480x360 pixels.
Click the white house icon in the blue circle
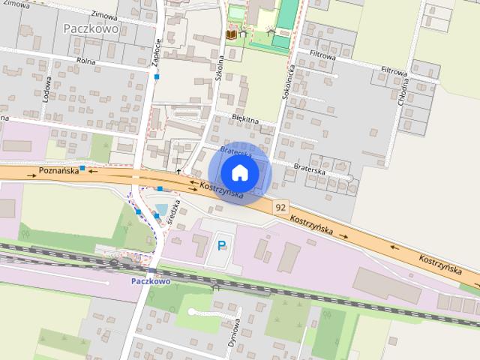238,172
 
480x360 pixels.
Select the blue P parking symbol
222,244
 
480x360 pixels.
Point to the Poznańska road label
57,172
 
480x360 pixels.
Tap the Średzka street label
175,207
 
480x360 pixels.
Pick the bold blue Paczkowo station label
150,281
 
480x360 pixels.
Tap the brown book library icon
231,34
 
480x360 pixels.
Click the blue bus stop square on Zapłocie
157,76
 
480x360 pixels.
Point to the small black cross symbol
178,172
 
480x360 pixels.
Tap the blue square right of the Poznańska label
82,167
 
